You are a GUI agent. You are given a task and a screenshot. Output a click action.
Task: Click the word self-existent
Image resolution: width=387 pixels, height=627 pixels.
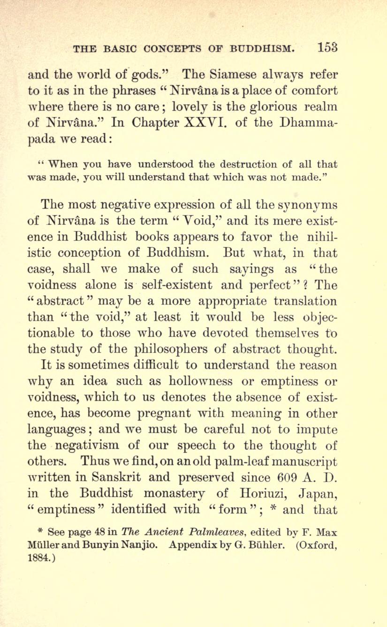click(189, 285)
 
